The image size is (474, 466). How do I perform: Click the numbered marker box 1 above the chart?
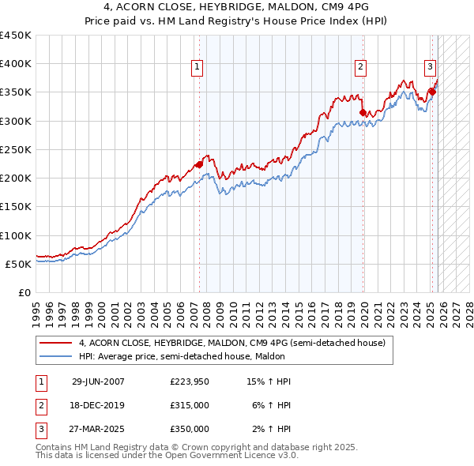196,68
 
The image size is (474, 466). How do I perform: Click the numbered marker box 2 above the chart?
360,68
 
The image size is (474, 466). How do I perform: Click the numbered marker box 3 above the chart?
431,68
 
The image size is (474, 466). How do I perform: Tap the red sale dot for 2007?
199,164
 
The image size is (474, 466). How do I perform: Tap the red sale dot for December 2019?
363,113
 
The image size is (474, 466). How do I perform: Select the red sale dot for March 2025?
433,92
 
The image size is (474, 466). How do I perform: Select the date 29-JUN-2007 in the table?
98,381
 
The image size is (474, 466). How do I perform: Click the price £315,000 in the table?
190,405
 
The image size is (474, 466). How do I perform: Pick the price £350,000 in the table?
190,429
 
